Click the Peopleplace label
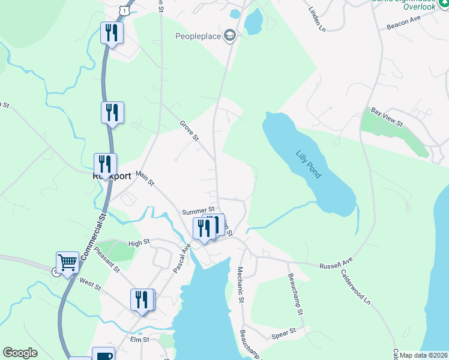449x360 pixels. [x=197, y=37]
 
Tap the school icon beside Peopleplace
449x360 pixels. [x=229, y=36]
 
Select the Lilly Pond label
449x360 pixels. [x=309, y=164]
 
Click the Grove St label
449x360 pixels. [x=189, y=130]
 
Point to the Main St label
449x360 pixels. [x=145, y=178]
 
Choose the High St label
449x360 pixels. [x=137, y=243]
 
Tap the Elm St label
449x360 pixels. [x=139, y=339]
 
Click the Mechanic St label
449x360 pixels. [x=241, y=284]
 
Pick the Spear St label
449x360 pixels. [x=284, y=331]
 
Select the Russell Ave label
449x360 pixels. [x=336, y=265]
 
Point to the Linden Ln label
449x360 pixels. [x=316, y=20]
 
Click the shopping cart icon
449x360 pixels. [x=67, y=262]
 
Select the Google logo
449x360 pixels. [x=20, y=353]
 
